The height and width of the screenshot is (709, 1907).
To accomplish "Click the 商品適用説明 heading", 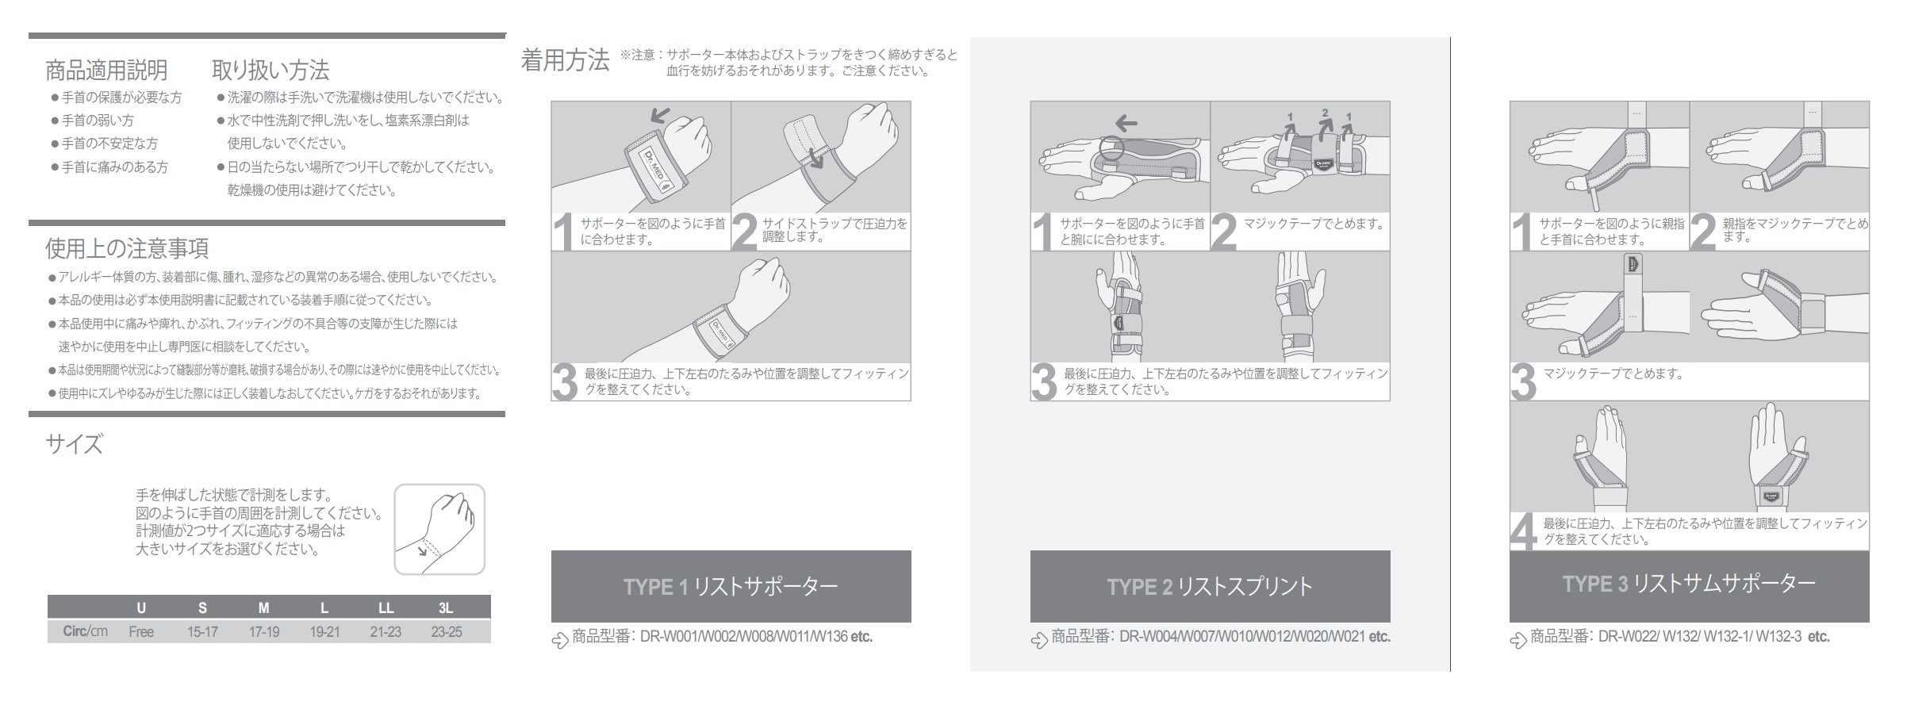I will (x=106, y=71).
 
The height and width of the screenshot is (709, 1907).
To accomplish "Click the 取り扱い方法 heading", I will (x=270, y=71).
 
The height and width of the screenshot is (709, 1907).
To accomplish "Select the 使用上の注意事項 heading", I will (x=127, y=249).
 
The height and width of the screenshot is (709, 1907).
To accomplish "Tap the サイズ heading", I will (x=74, y=444).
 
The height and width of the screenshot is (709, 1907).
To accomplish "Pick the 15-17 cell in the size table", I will (x=202, y=632).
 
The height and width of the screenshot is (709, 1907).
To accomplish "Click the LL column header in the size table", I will (x=386, y=608).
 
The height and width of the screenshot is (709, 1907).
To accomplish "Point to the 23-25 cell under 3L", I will (x=447, y=632).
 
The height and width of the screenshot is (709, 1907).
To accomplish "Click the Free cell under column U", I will (x=141, y=632).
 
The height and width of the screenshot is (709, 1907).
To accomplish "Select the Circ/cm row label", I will (x=86, y=632).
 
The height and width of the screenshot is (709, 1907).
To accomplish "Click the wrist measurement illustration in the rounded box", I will (x=439, y=529).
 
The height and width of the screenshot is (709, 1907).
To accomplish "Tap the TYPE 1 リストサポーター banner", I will (x=731, y=587).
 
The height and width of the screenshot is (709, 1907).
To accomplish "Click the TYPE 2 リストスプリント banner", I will (x=1210, y=587).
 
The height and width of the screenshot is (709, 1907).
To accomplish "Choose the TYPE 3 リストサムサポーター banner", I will (x=1689, y=584).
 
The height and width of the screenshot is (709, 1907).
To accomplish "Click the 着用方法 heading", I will (x=565, y=61).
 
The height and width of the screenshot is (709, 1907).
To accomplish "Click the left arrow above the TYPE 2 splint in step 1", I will (x=1125, y=123).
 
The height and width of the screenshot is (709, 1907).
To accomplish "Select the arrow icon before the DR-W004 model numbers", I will (x=1039, y=639).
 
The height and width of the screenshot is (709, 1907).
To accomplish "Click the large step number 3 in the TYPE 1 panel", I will (x=565, y=383).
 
